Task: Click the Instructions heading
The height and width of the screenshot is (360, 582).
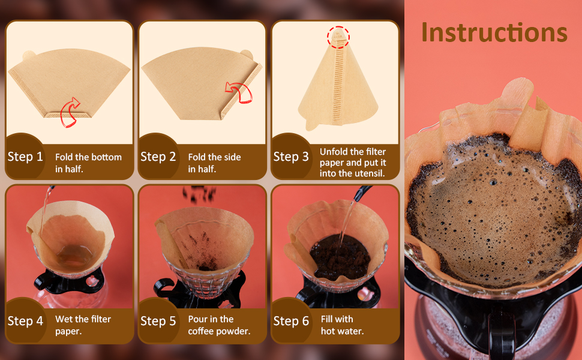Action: click(x=494, y=32)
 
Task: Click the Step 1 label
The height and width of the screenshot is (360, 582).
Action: click(x=25, y=157)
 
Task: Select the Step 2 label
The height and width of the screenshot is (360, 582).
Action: click(x=158, y=157)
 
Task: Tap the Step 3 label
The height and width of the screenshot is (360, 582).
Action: click(x=291, y=157)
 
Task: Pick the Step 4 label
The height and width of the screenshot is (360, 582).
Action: click(x=25, y=321)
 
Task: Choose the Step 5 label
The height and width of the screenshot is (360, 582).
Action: click(x=158, y=321)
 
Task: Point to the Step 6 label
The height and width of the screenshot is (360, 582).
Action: click(x=291, y=321)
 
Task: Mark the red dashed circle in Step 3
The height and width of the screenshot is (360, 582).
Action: click(x=338, y=37)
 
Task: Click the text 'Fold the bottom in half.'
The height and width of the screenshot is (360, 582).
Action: click(x=88, y=163)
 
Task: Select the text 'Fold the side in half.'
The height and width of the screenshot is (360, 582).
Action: click(x=214, y=163)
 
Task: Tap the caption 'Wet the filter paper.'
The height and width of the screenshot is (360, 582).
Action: click(x=83, y=325)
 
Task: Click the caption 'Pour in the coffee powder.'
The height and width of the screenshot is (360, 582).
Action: click(x=219, y=325)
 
